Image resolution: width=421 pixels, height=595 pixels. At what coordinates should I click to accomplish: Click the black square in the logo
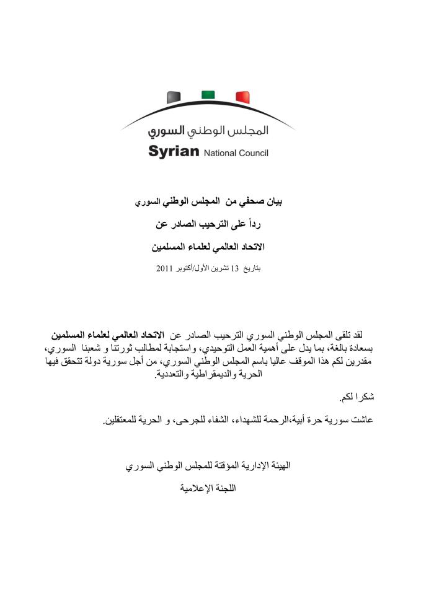[174, 96]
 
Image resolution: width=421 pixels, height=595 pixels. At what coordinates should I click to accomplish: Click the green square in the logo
[208, 95]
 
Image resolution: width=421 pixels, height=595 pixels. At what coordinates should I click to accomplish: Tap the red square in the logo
[242, 97]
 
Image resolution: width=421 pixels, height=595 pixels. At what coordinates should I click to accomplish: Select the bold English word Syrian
[174, 151]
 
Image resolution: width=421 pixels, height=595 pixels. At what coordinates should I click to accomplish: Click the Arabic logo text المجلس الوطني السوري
[208, 131]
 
